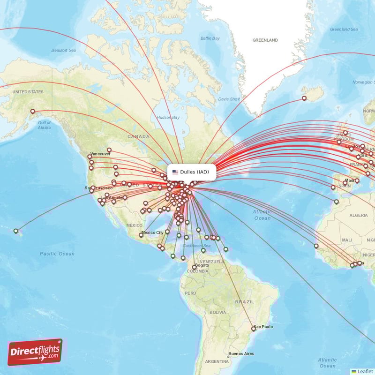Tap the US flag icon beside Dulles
pyautogui.click(x=175, y=172)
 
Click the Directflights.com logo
pyautogui.click(x=35, y=352)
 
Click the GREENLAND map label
pyautogui.click(x=265, y=40)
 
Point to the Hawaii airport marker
pyautogui.click(x=16, y=231)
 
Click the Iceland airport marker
pyautogui.click(x=304, y=98)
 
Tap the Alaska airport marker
pyautogui.click(x=33, y=112)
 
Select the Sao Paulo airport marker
pyautogui.click(x=254, y=329)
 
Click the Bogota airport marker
pyautogui.click(x=194, y=267)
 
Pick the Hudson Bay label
pyautogui.click(x=168, y=117)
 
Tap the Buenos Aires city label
pyautogui.click(x=241, y=353)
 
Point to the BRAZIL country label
pyautogui.click(x=244, y=302)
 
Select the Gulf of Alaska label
pyautogui.click(x=44, y=125)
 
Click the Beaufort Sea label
pyautogui.click(x=63, y=50)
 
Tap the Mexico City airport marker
pyautogui.click(x=141, y=235)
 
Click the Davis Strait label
pyautogui.click(x=229, y=99)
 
